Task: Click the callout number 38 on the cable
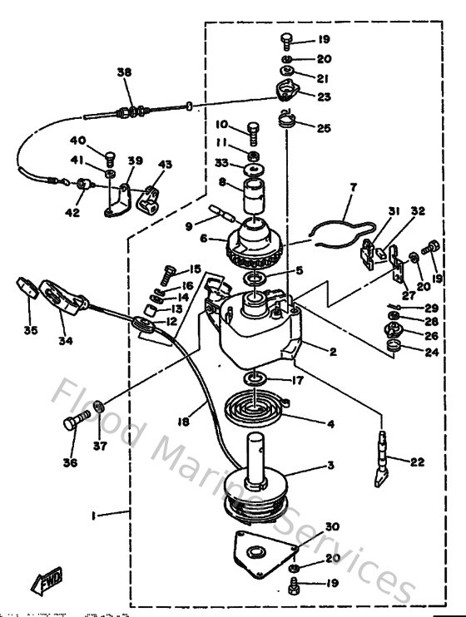click(124, 73)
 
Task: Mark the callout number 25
click(324, 128)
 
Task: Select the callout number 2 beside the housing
click(332, 353)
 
